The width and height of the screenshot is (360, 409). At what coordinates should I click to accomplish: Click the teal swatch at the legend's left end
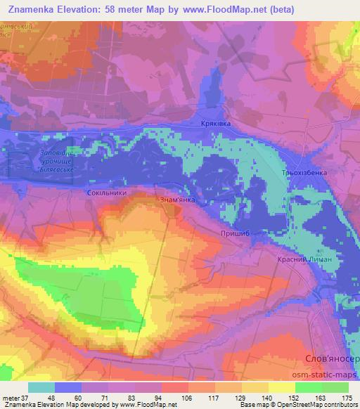(x=41, y=387)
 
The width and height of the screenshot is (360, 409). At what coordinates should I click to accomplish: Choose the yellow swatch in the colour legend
(x=281, y=387)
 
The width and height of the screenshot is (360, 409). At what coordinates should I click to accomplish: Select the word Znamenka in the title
(x=35, y=9)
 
